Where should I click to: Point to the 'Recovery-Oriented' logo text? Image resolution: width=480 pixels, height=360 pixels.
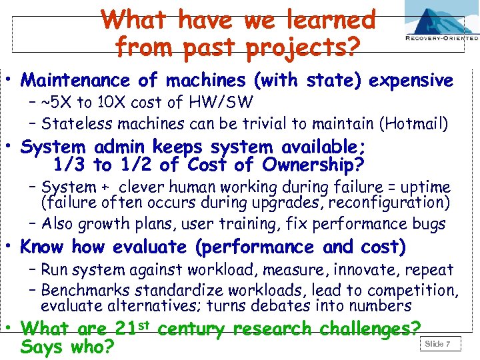point(441,38)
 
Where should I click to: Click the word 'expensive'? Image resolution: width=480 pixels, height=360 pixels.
point(411,81)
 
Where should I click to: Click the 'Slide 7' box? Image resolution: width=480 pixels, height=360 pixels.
point(438,344)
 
